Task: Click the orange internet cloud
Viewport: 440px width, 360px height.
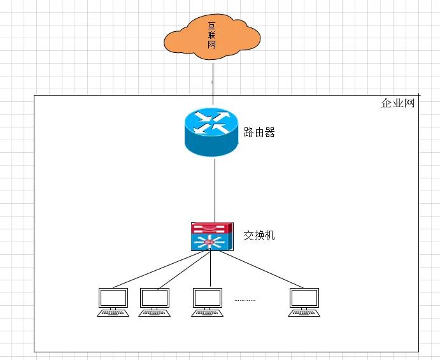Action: click(x=185, y=38)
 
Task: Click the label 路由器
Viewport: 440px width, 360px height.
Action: click(x=260, y=133)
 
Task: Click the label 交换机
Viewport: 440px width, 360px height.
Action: click(x=259, y=235)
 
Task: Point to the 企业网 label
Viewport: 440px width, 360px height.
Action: click(x=397, y=103)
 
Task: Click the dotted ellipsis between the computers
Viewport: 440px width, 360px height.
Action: click(x=245, y=299)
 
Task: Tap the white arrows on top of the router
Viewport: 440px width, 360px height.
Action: click(x=211, y=123)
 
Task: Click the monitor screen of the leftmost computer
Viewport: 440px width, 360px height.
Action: click(x=113, y=298)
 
